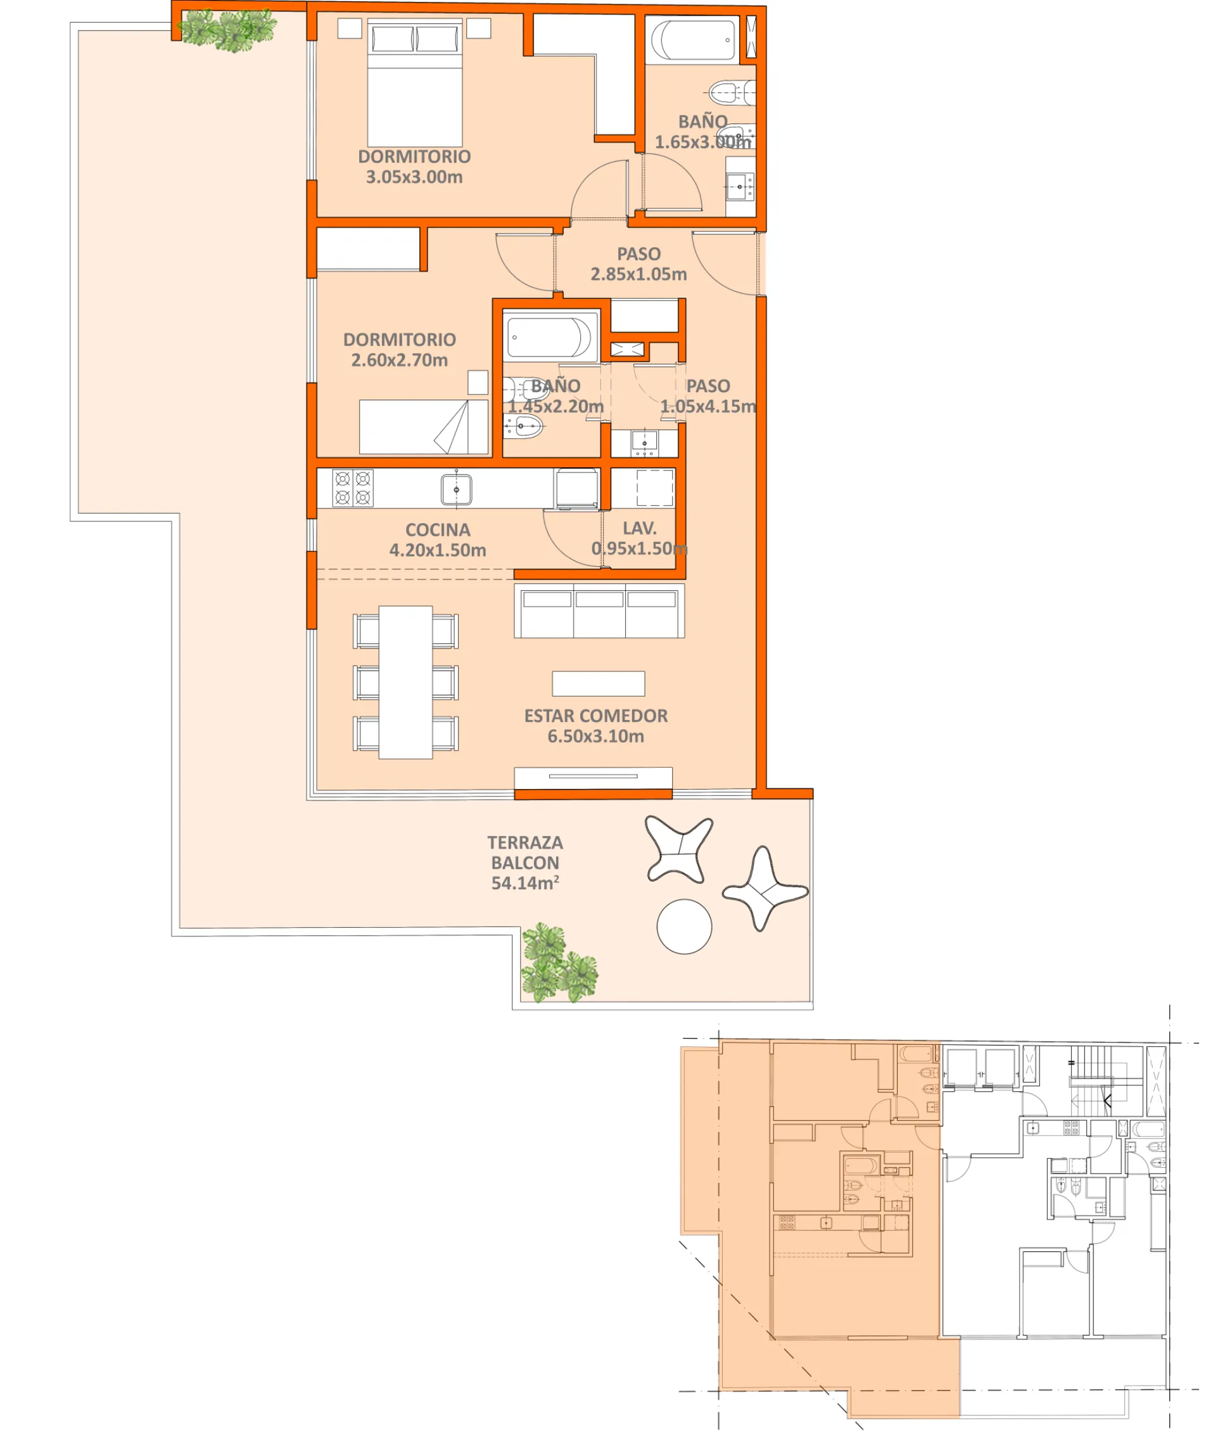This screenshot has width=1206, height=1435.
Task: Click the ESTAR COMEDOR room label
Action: tap(595, 716)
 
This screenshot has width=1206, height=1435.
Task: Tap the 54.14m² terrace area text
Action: tap(524, 883)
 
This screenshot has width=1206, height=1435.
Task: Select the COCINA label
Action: tap(438, 530)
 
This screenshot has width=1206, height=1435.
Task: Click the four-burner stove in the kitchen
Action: tap(353, 488)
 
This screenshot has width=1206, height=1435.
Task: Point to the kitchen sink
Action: tap(456, 490)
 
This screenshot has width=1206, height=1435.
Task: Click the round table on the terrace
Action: tap(683, 926)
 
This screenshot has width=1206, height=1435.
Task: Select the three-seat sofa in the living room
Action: tap(599, 610)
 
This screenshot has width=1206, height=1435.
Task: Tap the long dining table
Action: tap(405, 682)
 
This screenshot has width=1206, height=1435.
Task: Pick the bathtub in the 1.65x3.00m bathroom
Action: tap(692, 41)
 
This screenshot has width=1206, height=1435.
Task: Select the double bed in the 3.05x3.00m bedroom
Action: tap(414, 82)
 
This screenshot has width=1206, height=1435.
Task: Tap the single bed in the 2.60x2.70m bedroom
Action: tap(423, 427)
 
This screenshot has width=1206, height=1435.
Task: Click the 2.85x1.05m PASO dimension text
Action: tap(638, 274)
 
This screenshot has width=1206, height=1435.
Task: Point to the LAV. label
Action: tap(639, 528)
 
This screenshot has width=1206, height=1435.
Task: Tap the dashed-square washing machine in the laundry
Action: tap(654, 488)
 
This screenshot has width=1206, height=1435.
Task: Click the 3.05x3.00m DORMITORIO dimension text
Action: tap(414, 177)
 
